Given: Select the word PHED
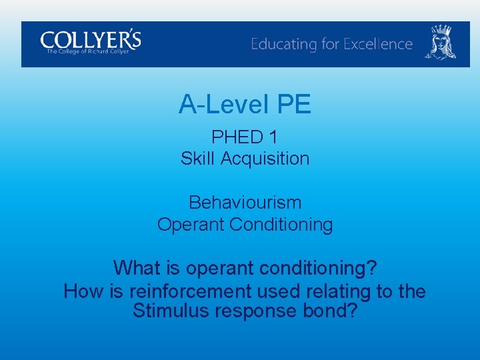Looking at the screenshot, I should tap(237, 137).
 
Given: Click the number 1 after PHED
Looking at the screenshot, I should tap(273, 137).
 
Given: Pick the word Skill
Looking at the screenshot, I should tap(198, 159).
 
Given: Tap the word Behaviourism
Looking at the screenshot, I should tap(245, 202).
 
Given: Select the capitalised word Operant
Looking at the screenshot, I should tap(191, 225).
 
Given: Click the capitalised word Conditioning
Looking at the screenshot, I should tap(281, 225).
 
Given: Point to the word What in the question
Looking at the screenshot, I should tap(136, 268).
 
